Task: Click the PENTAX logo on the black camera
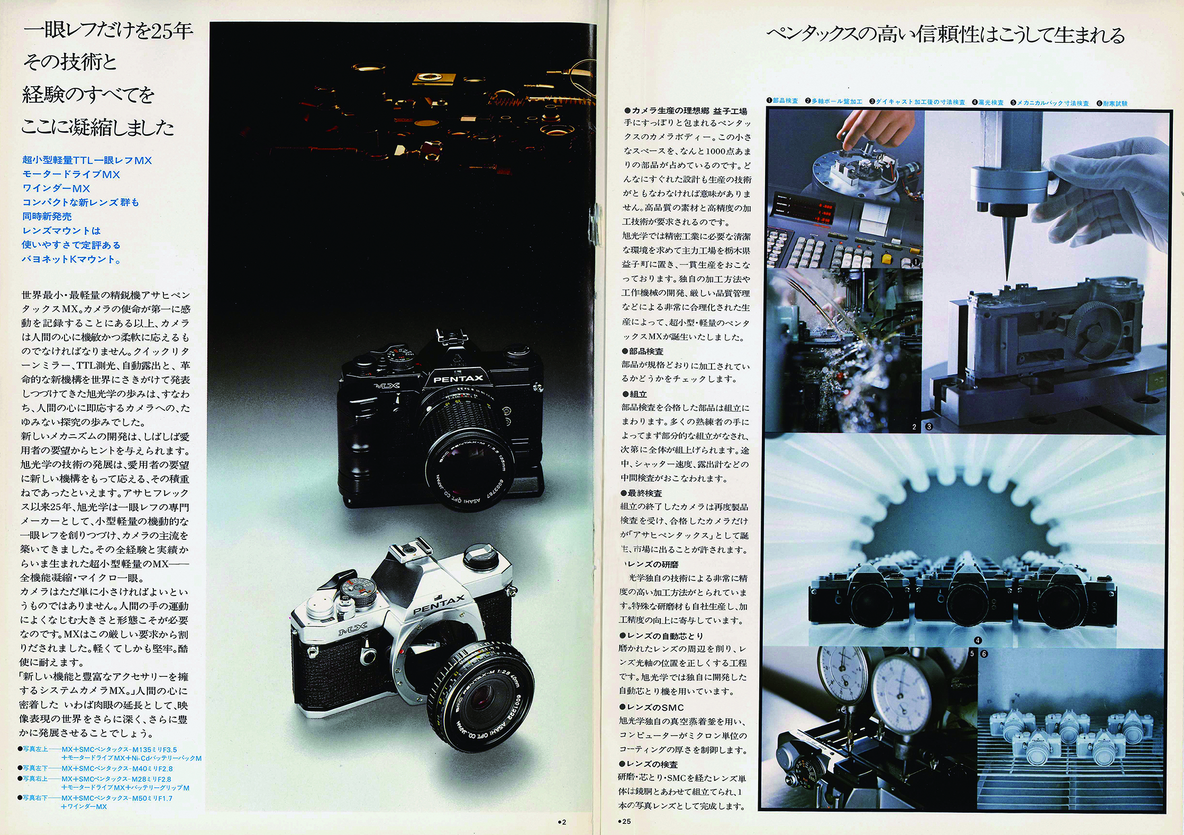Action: (x=458, y=379)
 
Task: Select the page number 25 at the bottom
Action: (x=624, y=821)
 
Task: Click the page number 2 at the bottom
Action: (x=562, y=822)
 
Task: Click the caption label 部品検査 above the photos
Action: (x=785, y=100)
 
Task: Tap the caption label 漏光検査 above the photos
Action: (x=990, y=103)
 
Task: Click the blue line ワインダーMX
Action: (x=56, y=188)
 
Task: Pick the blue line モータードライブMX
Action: (x=71, y=174)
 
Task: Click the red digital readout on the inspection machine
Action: (x=823, y=212)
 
